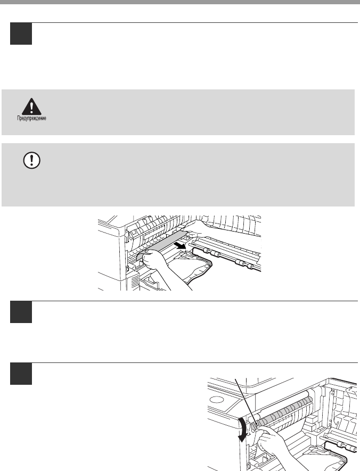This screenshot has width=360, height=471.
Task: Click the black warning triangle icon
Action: click(x=31, y=106)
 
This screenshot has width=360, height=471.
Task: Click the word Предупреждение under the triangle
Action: click(x=31, y=118)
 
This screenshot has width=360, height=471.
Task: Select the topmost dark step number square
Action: click(x=21, y=34)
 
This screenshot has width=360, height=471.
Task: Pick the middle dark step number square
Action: click(x=21, y=312)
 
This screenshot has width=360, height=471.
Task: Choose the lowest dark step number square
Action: click(x=21, y=374)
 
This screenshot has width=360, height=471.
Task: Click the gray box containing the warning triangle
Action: click(x=178, y=112)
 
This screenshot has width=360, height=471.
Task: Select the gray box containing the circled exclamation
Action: click(x=178, y=175)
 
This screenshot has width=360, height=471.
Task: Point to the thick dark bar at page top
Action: click(x=180, y=2)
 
